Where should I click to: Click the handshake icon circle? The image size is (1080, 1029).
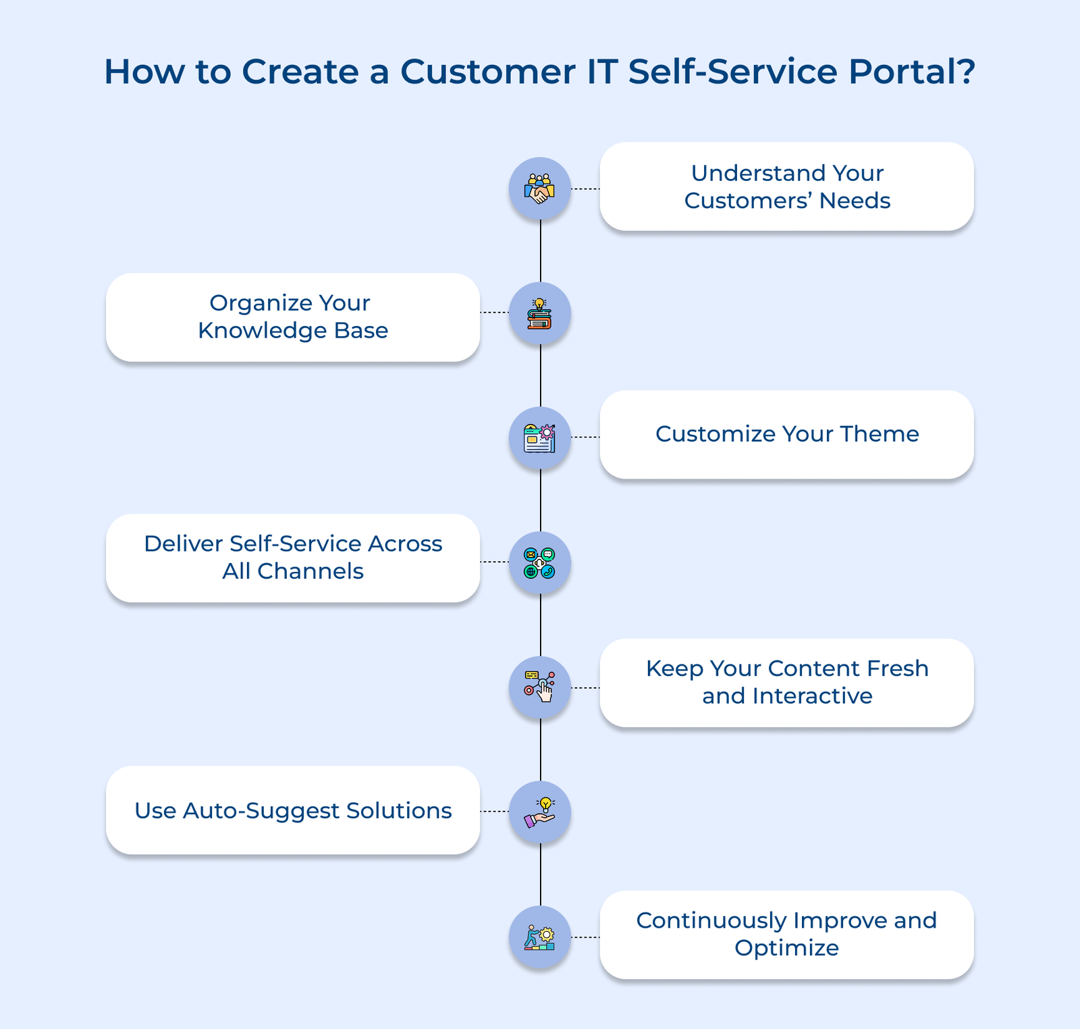point(540,189)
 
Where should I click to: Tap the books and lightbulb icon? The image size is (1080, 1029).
point(540,314)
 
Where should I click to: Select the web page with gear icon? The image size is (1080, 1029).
point(540,438)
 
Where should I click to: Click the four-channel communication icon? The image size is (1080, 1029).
point(540,563)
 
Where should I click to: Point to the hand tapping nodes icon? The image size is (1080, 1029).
point(540,687)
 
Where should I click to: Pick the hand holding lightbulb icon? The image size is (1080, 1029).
point(540,812)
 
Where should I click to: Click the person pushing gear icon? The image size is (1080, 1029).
point(540,937)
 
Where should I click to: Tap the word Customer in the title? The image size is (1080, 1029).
point(487,72)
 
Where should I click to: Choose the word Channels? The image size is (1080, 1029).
point(310,572)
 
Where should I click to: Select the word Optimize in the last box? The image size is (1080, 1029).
point(786,949)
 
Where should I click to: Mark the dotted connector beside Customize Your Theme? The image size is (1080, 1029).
point(585,438)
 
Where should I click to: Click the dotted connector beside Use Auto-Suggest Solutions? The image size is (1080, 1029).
point(494,812)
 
